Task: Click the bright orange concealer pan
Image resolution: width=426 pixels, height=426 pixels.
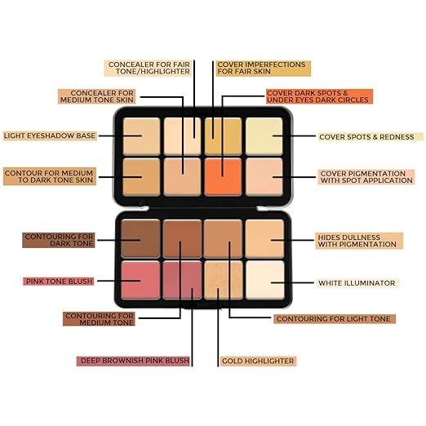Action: pos(223,177)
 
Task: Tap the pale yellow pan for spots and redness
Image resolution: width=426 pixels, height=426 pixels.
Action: pos(264,136)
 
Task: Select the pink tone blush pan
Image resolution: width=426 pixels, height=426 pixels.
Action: pos(140,280)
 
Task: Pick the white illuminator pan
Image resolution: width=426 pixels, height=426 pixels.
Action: pos(265,280)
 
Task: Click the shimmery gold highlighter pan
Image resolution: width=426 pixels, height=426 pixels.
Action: pos(223,280)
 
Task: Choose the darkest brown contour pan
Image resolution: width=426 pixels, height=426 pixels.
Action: pos(140,239)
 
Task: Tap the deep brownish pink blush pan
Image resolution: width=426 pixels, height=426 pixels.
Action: pos(182,280)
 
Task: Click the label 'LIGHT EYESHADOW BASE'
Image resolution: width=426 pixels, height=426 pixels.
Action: pos(50,135)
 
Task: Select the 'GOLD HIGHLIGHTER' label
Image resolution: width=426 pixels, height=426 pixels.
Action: pos(258,361)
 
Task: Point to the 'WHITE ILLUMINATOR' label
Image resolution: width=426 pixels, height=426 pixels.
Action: pos(357,283)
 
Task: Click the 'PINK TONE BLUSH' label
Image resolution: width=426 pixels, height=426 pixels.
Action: pos(59,281)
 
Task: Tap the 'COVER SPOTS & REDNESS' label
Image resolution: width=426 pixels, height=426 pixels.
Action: pos(371,137)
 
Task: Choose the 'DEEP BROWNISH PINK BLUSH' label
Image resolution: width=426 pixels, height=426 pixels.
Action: pos(133,361)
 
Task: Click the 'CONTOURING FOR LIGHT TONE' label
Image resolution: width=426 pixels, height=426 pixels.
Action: pos(335,319)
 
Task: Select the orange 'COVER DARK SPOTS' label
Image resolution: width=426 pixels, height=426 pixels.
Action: pos(319,96)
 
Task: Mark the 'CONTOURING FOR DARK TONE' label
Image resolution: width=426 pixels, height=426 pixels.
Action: pos(59,240)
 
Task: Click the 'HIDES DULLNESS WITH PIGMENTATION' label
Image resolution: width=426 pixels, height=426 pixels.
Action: pos(359,241)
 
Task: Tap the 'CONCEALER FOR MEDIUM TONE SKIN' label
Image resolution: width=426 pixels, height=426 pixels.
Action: pos(97,96)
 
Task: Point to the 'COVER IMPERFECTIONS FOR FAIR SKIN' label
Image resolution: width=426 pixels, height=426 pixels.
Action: pos(264,69)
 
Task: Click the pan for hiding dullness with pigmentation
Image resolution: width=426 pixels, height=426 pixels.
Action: pos(265,239)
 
